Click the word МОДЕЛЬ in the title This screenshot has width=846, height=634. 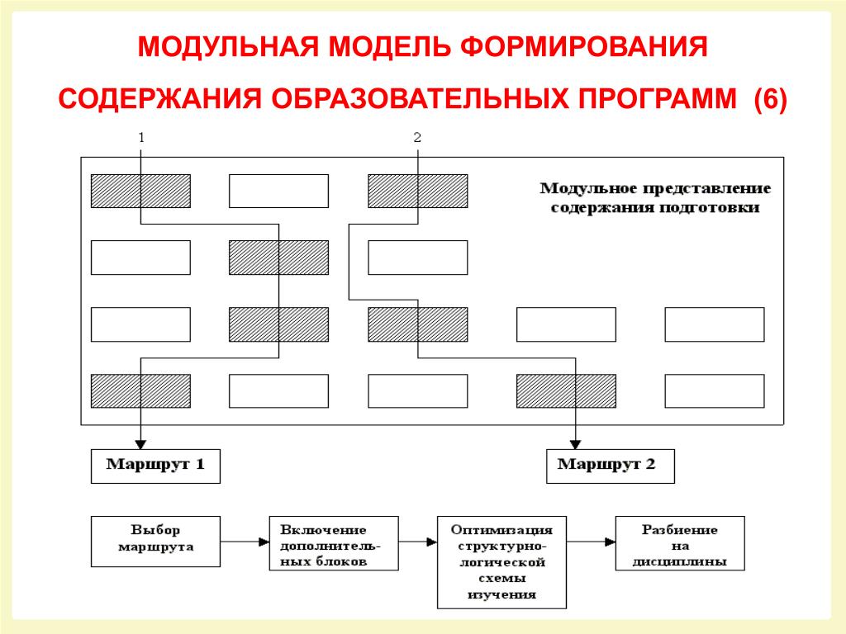pyautogui.click(x=388, y=46)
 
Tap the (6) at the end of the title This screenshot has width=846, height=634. pyautogui.click(x=771, y=99)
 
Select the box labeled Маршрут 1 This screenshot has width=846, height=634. pyautogui.click(x=155, y=466)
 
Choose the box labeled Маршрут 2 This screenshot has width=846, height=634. pyautogui.click(x=611, y=466)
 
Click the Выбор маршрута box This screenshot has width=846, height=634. pyautogui.click(x=155, y=542)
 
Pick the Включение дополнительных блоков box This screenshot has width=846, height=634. pyautogui.click(x=334, y=543)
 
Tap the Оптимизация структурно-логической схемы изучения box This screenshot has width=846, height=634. pyautogui.click(x=501, y=561)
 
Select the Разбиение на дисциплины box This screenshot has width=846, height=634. pyautogui.click(x=680, y=543)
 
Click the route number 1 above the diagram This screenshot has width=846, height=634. pyautogui.click(x=141, y=138)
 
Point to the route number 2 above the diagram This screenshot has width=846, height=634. pyautogui.click(x=417, y=138)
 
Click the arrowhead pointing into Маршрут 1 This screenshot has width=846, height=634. pyautogui.click(x=140, y=445)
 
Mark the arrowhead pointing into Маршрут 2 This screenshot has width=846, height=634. pyautogui.click(x=576, y=445)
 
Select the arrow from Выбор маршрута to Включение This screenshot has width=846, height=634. pyautogui.click(x=245, y=542)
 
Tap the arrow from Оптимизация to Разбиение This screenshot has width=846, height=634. pyautogui.click(x=591, y=542)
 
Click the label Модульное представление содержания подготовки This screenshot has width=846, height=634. pyautogui.click(x=655, y=198)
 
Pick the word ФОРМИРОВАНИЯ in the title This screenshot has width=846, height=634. pyautogui.click(x=584, y=46)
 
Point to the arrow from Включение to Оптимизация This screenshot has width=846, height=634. pyautogui.click(x=417, y=542)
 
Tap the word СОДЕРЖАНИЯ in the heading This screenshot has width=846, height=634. pyautogui.click(x=159, y=99)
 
